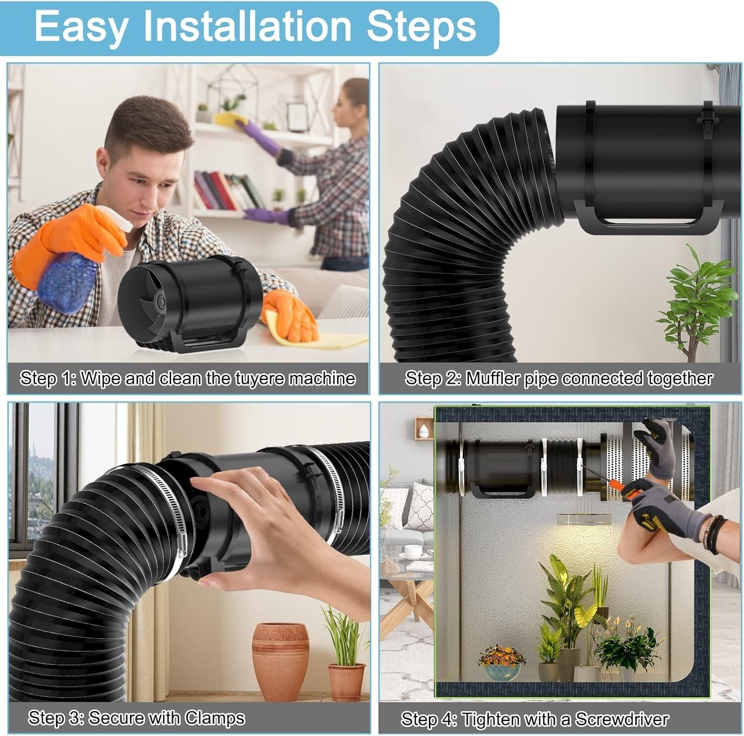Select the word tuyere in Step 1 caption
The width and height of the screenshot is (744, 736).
click(258, 379)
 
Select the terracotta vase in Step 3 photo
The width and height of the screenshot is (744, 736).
click(280, 660)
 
